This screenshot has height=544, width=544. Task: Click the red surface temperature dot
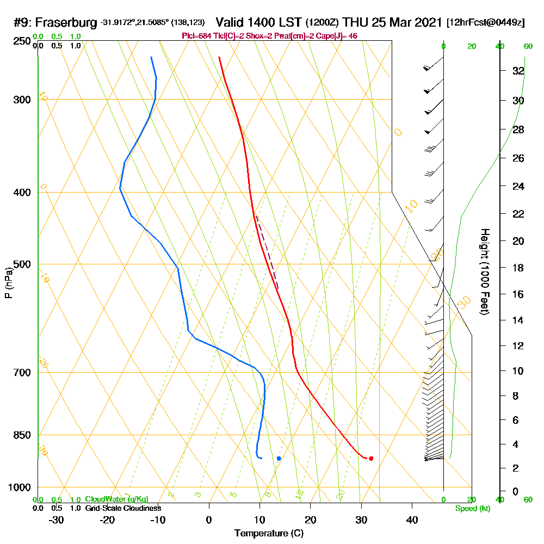click(371, 458)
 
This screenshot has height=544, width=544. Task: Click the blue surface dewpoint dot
click(279, 458)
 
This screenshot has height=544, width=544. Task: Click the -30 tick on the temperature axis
click(56, 520)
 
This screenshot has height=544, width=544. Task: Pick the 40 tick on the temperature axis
click(412, 520)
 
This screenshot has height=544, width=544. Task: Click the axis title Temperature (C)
click(268, 533)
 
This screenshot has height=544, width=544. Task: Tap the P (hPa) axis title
click(9, 282)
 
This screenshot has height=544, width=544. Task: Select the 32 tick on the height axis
click(518, 71)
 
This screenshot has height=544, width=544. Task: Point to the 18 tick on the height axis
click(518, 268)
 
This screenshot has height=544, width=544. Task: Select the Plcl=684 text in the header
click(199, 36)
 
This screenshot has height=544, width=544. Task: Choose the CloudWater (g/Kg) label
click(116, 499)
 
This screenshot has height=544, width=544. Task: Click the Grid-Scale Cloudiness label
click(123, 508)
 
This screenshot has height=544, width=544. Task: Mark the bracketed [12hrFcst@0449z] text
click(485, 23)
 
